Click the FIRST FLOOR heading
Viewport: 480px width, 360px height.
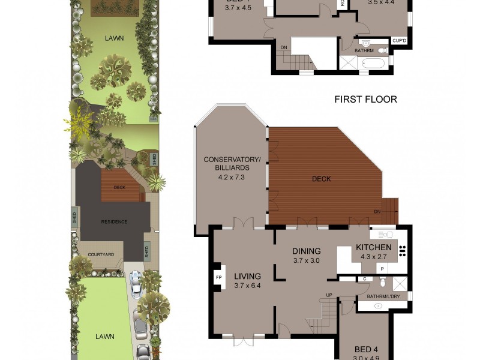(365, 100)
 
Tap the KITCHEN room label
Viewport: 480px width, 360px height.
(374, 247)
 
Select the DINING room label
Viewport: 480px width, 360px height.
(306, 251)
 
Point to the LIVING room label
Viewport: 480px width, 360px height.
(247, 276)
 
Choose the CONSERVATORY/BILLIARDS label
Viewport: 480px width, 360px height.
(232, 164)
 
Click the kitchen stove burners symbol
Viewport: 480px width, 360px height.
(403, 252)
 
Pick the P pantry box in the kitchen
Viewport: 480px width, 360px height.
(382, 269)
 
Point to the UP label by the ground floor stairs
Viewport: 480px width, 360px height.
(328, 295)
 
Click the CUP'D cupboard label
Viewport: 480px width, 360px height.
(400, 41)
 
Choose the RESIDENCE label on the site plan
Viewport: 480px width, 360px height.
(114, 222)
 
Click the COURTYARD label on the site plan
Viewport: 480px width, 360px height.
(101, 254)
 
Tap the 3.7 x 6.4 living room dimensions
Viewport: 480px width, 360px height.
(247, 286)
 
